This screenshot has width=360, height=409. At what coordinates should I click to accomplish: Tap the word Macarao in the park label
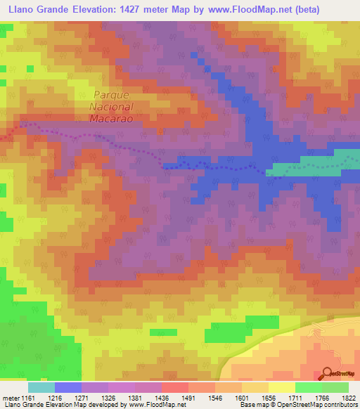(112, 119)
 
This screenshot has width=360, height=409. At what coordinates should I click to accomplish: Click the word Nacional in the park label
(112, 107)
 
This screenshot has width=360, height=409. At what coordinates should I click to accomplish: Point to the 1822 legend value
(348, 397)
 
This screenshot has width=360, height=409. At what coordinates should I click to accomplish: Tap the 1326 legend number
(108, 397)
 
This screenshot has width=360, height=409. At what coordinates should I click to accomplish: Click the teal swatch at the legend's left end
(41, 387)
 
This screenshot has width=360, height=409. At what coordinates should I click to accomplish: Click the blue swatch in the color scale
(68, 387)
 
